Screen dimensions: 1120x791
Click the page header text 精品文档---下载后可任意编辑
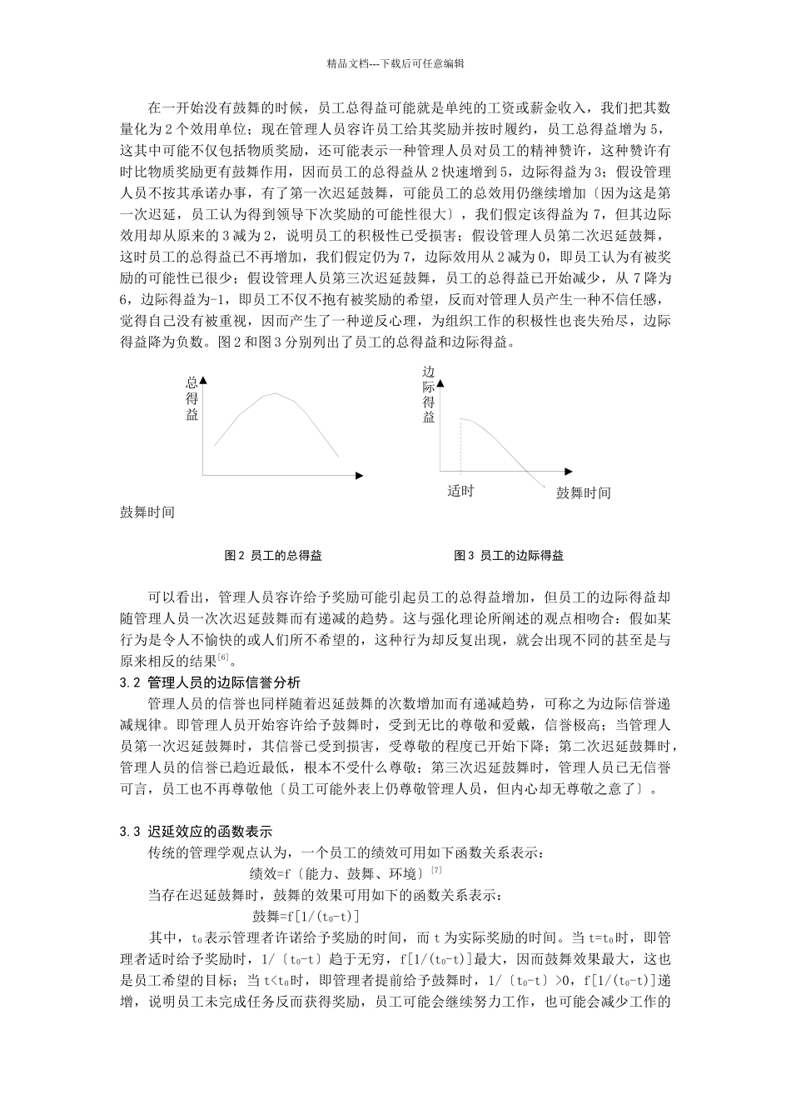[x=395, y=62]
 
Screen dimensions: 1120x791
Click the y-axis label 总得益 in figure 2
[x=192, y=398]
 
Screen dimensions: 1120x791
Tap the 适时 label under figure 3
[x=460, y=491]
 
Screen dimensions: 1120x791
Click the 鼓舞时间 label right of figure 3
[x=583, y=492]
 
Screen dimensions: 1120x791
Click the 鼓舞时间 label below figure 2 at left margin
[x=147, y=512]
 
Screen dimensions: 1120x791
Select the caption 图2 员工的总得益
[x=274, y=555]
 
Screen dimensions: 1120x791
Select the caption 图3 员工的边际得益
[x=509, y=555]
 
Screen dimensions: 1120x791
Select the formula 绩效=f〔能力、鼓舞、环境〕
[x=337, y=873]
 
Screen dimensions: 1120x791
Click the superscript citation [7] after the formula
[x=436, y=870]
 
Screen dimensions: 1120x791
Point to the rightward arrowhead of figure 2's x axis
[x=360, y=475]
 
